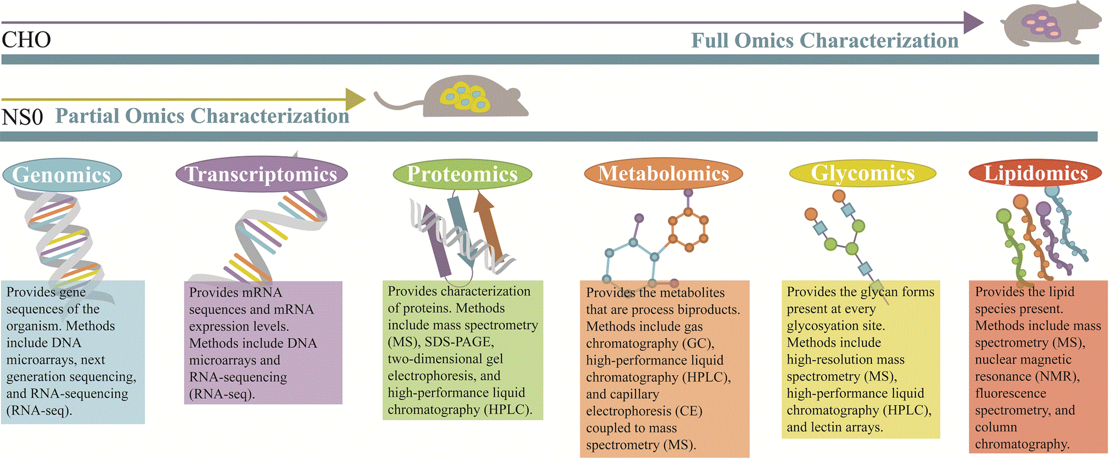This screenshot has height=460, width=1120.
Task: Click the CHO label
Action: tap(26, 40)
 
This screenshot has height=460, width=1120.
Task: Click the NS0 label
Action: tap(22, 117)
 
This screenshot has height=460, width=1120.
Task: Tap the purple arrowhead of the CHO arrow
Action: tap(973, 23)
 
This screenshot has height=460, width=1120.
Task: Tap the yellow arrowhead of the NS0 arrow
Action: tap(355, 100)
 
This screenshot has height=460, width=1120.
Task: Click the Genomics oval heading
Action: tap(62, 175)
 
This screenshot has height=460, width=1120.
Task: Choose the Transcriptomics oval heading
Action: tap(261, 174)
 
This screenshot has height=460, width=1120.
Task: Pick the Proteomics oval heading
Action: tap(462, 174)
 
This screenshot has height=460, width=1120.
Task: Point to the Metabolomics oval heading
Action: tap(663, 174)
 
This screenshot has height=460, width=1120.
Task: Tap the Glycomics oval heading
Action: tap(863, 173)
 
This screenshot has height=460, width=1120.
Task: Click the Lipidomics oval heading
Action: tap(1035, 173)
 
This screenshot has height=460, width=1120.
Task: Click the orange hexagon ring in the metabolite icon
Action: tap(688, 229)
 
